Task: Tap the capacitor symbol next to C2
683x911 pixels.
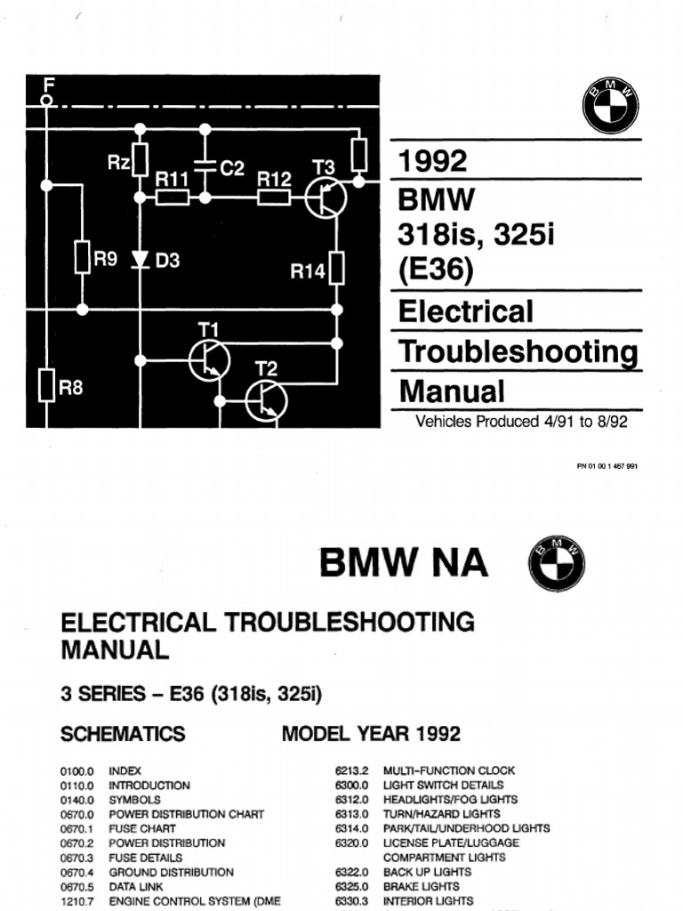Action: point(205,166)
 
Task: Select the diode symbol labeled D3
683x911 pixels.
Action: point(140,260)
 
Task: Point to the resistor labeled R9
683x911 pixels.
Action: point(82,257)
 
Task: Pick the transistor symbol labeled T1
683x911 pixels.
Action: point(210,359)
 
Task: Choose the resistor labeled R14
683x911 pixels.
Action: point(336,268)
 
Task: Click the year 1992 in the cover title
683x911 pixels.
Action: point(433,161)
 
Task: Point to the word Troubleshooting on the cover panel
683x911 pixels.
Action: point(518,351)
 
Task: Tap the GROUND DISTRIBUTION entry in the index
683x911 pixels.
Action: point(171,872)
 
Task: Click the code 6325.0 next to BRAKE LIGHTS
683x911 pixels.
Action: point(353,886)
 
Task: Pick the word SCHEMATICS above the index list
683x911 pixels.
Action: point(123,734)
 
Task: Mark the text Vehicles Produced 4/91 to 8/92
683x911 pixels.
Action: point(521,422)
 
